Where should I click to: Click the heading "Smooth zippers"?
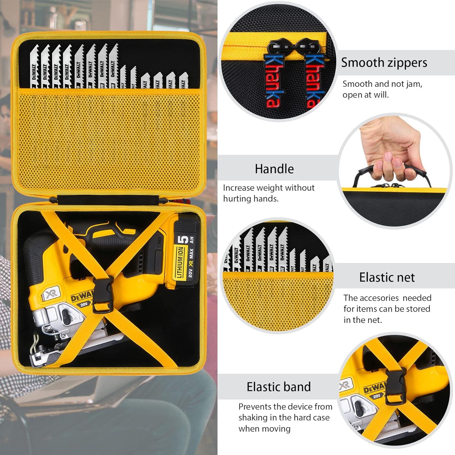pos(384,63)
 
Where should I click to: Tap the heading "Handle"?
pos(274,169)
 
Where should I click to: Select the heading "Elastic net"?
pos(387,277)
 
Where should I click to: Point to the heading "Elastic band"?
pos(278,387)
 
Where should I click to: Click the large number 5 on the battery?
pos(184,240)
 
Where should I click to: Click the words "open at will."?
pos(366,95)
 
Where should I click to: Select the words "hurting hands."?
pos(251,199)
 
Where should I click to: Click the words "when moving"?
pos(264,429)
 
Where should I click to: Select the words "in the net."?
pos(362,320)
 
